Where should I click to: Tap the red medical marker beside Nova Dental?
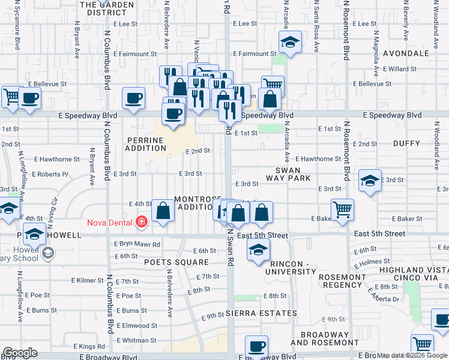(x=142, y=223)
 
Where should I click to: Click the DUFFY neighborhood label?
(x=406, y=143)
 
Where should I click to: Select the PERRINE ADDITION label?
(x=145, y=144)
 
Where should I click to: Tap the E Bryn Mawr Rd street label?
(x=137, y=245)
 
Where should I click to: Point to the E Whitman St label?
(x=137, y=340)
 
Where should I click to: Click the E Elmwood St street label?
(x=136, y=326)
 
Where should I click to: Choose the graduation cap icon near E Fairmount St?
(x=289, y=43)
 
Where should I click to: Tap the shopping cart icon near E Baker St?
(x=342, y=210)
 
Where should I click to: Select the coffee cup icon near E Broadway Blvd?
(x=257, y=346)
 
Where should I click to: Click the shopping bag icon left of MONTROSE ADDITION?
(x=163, y=211)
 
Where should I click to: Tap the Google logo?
(x=20, y=353)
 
